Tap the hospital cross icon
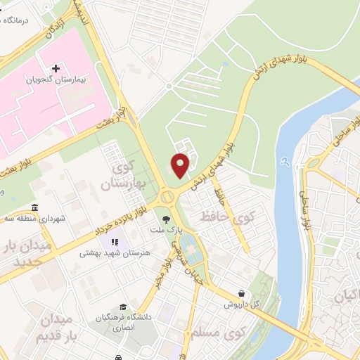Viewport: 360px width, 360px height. point(56,67)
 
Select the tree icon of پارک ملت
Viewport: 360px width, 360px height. point(167,219)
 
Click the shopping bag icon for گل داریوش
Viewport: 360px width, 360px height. point(243,293)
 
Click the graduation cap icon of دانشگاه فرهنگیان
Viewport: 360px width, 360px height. point(123,307)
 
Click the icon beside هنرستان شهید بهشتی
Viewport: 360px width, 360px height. point(113,243)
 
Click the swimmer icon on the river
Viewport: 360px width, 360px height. point(284,162)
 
